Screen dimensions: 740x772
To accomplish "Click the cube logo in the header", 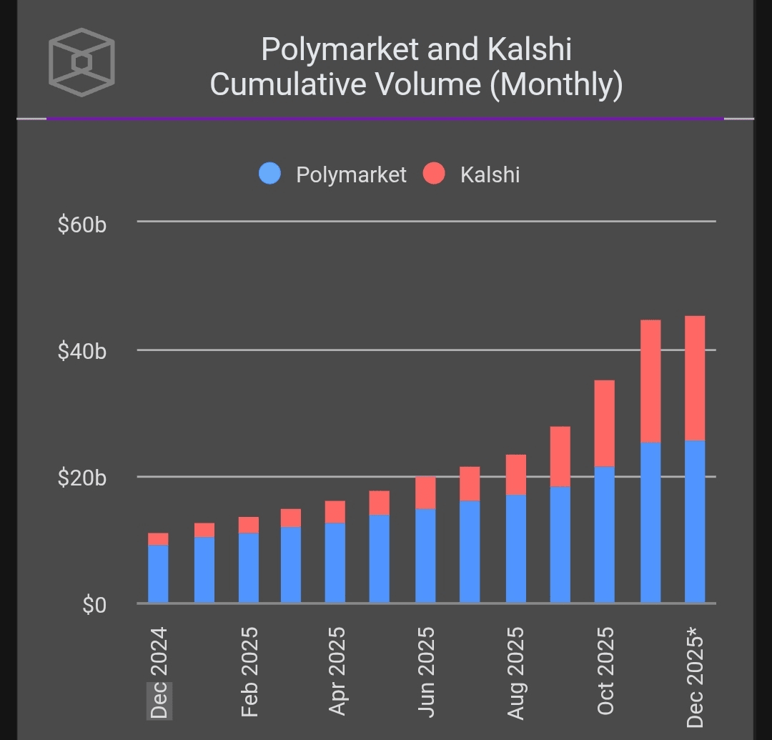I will pos(81,62).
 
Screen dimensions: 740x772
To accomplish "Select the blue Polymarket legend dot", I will pos(270,174).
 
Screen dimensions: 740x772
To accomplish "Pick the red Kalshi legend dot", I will pos(434,174).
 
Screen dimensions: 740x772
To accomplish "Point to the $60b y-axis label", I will pos(82,225).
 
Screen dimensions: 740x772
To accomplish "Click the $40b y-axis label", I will pos(82,351).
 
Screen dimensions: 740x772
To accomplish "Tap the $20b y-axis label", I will pos(82,478).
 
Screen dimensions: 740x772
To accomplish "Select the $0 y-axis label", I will pos(94,606).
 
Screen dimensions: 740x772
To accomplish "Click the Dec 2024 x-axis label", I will pos(159,672).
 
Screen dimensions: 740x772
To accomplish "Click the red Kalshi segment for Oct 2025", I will pos(605,423).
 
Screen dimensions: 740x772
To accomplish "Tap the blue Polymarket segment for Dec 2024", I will pos(158,574).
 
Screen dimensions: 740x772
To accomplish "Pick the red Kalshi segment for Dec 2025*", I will pos(695,378).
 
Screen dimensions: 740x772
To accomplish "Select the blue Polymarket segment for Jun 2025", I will pos(426,556).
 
